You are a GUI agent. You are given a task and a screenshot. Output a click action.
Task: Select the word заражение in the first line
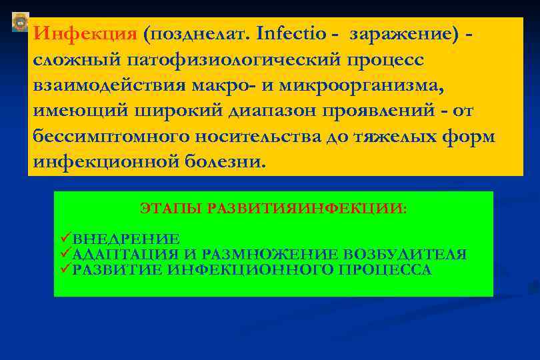[x=402, y=33]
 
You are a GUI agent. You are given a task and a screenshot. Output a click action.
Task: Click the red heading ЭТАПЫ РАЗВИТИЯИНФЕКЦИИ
[x=273, y=209]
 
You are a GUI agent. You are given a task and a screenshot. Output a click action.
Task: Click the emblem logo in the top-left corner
[x=21, y=23]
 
